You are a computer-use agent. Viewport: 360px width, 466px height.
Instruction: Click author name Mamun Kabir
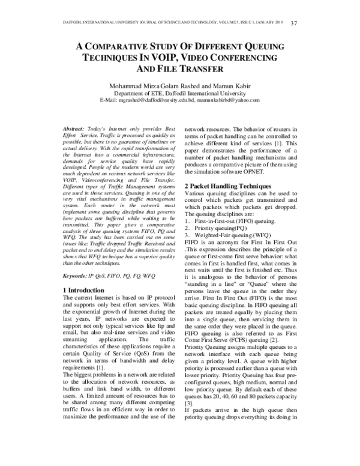tap(226, 85)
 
